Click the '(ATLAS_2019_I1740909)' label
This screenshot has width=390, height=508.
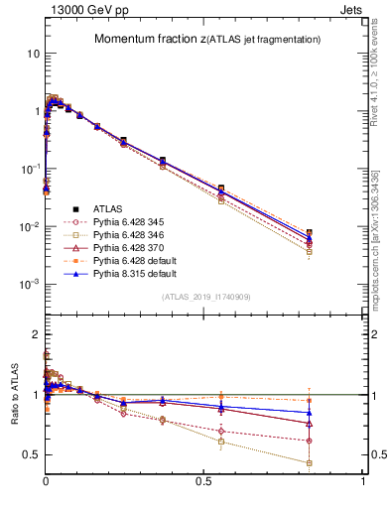click(205, 298)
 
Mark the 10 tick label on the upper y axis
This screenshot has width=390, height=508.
click(32, 53)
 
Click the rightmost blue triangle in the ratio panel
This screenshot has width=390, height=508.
click(310, 413)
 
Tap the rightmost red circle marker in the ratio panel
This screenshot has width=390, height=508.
click(310, 441)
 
